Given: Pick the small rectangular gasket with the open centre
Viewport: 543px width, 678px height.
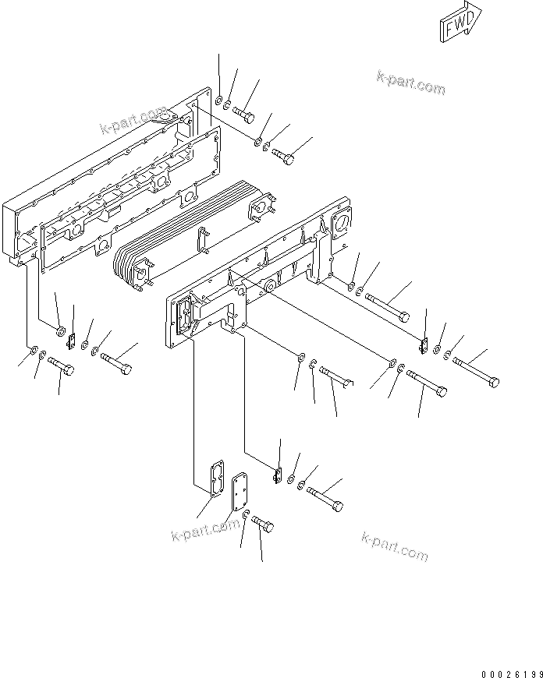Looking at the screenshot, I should click(213, 477).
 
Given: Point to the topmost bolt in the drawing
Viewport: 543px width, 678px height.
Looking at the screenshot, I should click(244, 115).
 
